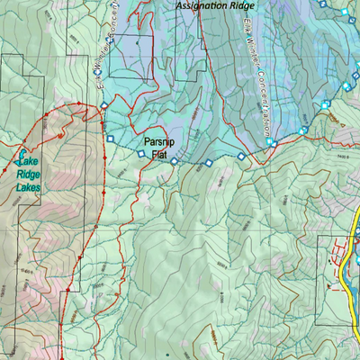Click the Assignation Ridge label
point(215,5)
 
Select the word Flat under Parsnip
point(159,155)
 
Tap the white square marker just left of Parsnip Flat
point(140,154)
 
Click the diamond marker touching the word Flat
point(174,162)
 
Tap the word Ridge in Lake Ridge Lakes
point(29,174)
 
